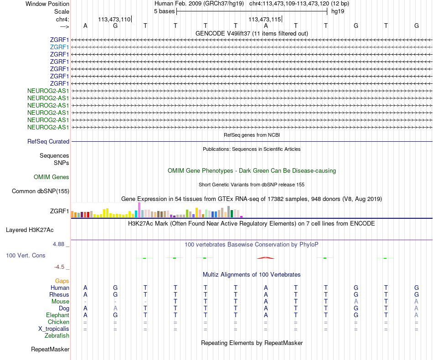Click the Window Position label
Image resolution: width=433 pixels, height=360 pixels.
tap(47, 4)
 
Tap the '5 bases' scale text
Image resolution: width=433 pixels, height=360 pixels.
tap(164, 11)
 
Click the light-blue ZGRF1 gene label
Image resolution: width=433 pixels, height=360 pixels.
tap(60, 47)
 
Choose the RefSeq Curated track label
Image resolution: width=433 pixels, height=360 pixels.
tap(48, 142)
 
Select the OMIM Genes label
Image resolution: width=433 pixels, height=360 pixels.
tap(52, 177)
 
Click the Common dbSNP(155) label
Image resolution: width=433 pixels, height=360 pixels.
tap(40, 191)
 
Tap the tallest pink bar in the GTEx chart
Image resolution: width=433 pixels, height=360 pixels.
tap(139, 210)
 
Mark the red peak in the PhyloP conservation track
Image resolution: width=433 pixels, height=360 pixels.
tap(266, 258)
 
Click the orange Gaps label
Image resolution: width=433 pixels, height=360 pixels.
tap(62, 281)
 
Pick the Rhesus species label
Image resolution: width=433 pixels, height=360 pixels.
tap(59, 295)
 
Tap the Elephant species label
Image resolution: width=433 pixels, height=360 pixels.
tap(57, 315)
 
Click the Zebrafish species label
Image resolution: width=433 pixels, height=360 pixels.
tap(57, 336)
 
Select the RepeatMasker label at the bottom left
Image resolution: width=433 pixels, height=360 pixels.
tap(50, 350)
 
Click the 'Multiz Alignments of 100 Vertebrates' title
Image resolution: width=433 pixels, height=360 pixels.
tap(252, 275)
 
